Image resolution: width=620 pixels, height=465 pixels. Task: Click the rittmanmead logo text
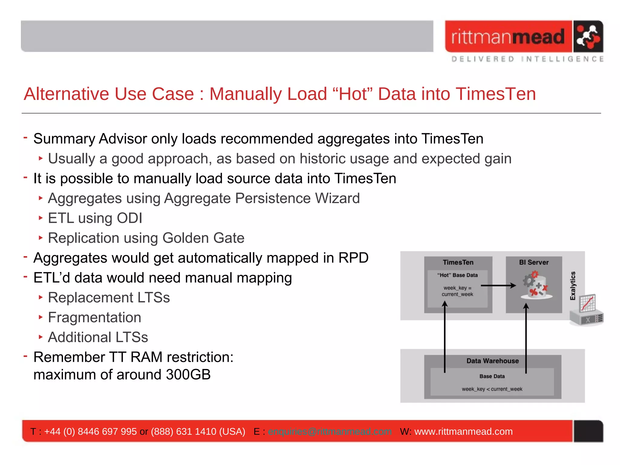[x=508, y=37]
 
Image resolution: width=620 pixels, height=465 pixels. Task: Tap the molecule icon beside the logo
[x=588, y=37]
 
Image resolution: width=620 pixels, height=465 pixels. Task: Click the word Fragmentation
[x=94, y=318]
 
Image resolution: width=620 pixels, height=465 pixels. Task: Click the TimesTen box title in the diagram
[x=458, y=262]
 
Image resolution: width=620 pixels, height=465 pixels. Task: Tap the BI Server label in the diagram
[x=534, y=262]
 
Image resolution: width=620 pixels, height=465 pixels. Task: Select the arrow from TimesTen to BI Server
[x=498, y=285]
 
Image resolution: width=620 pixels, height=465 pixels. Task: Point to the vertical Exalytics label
[x=572, y=286]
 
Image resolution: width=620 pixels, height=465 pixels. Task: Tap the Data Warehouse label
[x=492, y=361]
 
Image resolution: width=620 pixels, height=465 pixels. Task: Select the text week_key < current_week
[x=492, y=389]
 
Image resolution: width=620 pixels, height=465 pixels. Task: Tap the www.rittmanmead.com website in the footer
[x=463, y=431]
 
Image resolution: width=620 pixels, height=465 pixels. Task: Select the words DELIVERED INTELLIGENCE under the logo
[x=527, y=59]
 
